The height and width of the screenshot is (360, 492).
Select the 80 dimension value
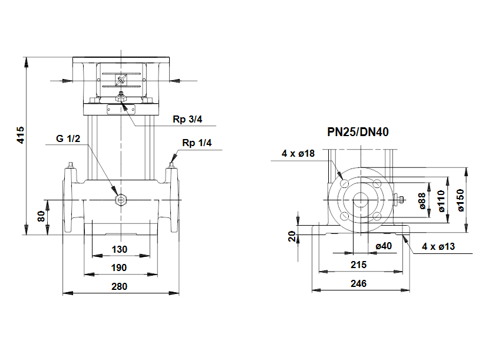41,216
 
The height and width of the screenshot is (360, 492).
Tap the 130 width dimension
120,249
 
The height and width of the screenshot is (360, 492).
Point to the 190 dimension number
120,267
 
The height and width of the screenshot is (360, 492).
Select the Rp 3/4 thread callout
187,120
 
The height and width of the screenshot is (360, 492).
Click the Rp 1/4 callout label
197,143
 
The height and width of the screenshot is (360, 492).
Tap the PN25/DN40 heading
358,133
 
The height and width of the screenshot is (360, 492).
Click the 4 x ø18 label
299,153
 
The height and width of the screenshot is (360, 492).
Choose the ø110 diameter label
441,200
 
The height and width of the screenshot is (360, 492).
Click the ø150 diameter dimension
461,200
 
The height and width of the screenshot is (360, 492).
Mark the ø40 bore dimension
384,246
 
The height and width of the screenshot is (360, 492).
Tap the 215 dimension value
358,265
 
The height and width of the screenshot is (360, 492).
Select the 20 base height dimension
293,236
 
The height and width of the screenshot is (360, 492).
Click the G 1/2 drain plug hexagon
121,200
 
